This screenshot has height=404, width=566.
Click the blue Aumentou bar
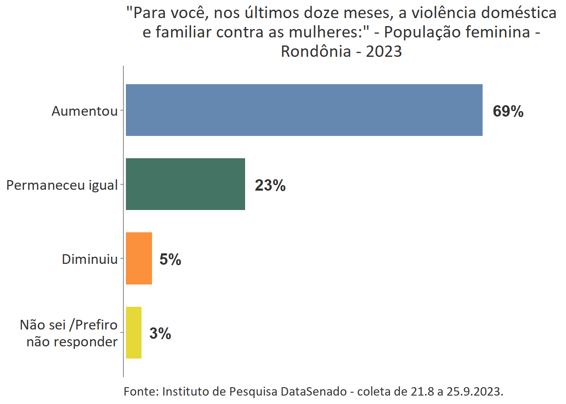[x=304, y=110]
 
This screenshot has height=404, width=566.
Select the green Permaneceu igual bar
[x=185, y=184]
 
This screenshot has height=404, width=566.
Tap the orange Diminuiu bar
[x=139, y=258]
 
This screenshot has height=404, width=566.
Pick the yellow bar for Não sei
[x=133, y=332]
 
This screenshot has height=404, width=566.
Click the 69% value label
[x=508, y=111]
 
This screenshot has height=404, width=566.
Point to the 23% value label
[x=270, y=185]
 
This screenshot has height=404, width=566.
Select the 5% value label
[x=170, y=259]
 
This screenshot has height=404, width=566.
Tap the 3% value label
[x=160, y=333]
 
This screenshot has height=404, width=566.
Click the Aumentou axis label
[x=85, y=111]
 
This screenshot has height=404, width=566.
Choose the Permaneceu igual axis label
[x=62, y=185]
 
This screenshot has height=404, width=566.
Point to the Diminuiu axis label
[x=90, y=259]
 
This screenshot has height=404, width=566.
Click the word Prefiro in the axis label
[x=96, y=325]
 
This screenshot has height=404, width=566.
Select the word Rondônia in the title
[x=316, y=51]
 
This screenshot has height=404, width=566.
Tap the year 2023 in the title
[x=384, y=51]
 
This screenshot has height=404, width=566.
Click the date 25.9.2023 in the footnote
[x=475, y=391]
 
